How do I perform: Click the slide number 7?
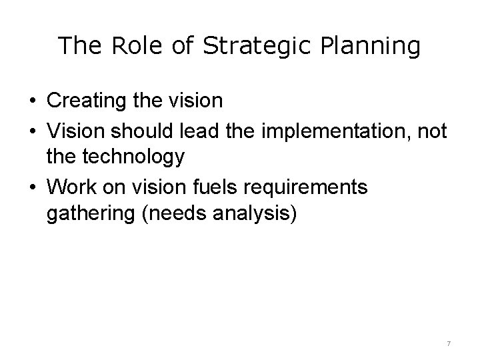pos(449,343)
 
